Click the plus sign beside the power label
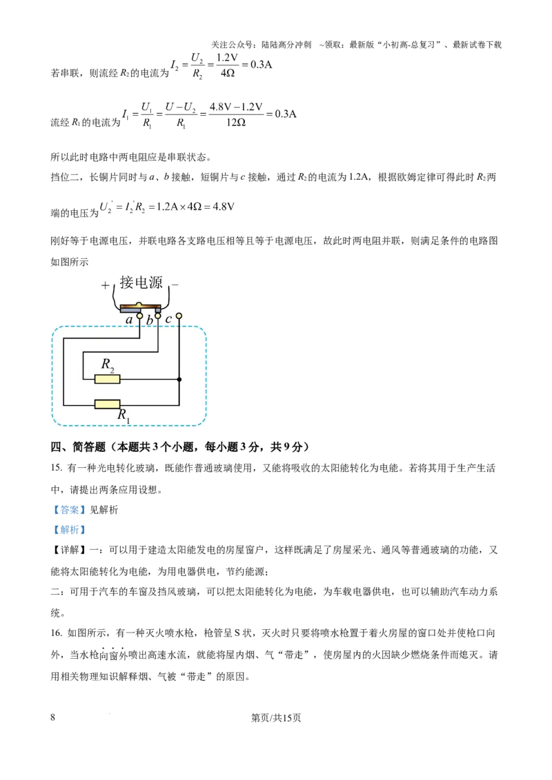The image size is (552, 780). point(105,285)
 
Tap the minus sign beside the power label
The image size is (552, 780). point(175,283)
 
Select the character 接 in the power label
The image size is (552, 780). point(127,283)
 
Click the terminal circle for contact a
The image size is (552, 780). point(140,316)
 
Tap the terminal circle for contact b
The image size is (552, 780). point(158,316)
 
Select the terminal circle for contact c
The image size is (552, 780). point(179,316)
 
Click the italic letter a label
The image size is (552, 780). point(129,320)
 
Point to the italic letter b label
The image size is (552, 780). point(149,321)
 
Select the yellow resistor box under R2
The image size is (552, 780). point(107,378)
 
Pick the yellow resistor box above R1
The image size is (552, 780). point(107,404)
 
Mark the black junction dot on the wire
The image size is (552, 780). point(179,379)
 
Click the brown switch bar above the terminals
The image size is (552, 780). point(140,307)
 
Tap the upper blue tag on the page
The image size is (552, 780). point(69,511)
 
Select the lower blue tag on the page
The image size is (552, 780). point(69,530)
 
